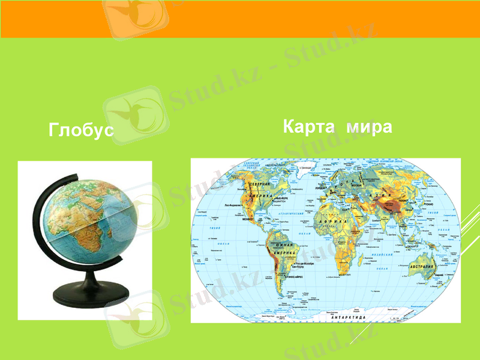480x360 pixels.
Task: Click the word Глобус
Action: pos(81,130)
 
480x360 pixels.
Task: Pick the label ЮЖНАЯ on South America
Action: pos(284,245)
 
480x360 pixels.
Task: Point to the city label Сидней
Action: pos(440,275)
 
